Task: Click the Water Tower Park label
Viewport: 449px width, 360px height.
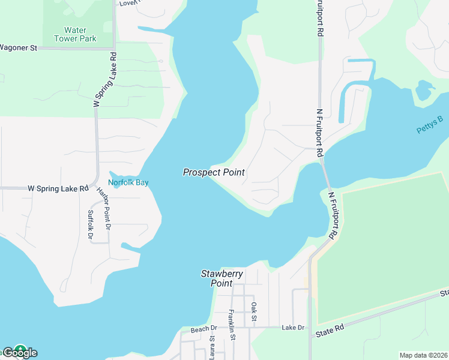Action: click(75, 34)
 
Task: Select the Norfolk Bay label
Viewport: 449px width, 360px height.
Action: click(128, 182)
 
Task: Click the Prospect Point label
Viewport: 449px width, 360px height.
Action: click(214, 172)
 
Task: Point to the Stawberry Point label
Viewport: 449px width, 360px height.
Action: click(221, 278)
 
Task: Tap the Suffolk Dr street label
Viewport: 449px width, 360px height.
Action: click(91, 225)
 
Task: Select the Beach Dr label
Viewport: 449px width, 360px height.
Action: click(203, 329)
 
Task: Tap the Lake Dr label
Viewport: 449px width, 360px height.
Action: click(293, 328)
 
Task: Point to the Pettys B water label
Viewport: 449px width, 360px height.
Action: click(429, 125)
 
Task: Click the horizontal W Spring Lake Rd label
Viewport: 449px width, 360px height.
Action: click(58, 188)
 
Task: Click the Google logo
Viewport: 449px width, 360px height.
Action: click(19, 352)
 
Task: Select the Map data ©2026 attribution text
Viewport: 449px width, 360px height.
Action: click(423, 355)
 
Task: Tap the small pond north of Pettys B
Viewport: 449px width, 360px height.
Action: click(424, 91)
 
